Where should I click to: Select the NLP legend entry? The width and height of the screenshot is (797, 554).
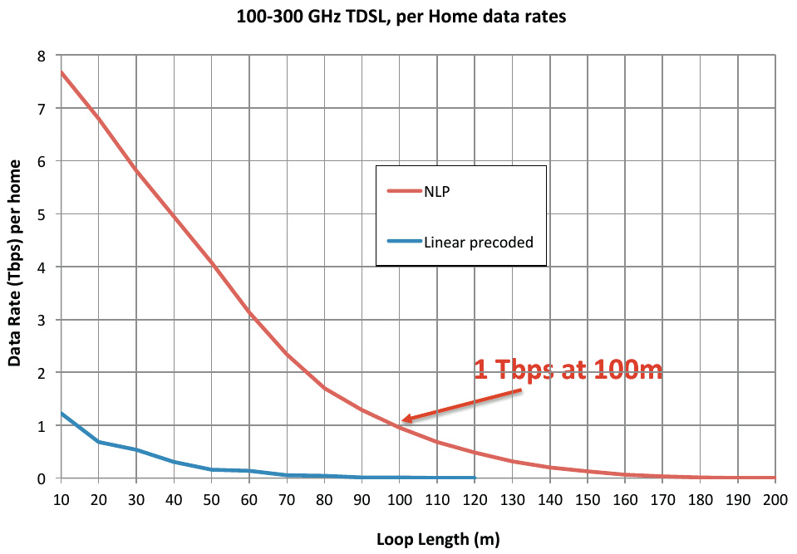[x=437, y=190]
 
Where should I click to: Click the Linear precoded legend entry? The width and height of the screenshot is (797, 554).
[x=478, y=243]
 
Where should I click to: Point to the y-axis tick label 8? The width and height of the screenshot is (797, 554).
[x=42, y=56]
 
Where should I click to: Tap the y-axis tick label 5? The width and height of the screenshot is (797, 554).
[x=42, y=214]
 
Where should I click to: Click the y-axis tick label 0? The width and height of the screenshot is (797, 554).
[x=42, y=478]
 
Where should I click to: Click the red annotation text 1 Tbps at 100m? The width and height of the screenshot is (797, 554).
[x=568, y=370]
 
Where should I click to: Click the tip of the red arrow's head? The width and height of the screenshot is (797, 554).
[x=401, y=421]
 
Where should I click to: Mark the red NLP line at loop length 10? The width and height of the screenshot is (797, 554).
[x=61, y=72]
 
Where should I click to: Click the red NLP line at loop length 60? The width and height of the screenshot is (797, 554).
[x=248, y=313]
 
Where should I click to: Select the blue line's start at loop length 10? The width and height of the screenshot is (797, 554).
[x=61, y=413]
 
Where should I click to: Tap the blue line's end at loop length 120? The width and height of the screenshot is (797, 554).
[x=475, y=478]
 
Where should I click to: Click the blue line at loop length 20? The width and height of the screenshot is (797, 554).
[x=99, y=442]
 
